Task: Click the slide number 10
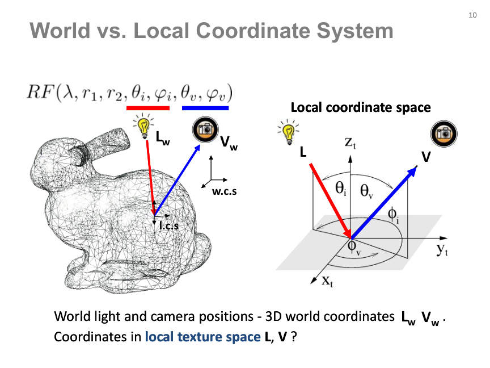point(472,15)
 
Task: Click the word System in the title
point(354,31)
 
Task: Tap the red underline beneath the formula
point(148,108)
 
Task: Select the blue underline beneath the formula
point(205,108)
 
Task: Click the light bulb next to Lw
point(143,126)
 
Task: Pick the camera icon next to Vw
point(205,129)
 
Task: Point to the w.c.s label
point(225,191)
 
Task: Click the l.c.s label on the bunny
point(169,225)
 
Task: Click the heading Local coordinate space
point(361,108)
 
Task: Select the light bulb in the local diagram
point(288,132)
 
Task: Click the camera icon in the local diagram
point(443,134)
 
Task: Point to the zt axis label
point(350,143)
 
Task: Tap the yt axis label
point(442,249)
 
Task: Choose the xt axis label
point(327,281)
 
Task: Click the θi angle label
point(341,189)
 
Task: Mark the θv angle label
point(366,191)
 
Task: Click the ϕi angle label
point(393,216)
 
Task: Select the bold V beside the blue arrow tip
point(426,157)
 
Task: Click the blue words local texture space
point(203,337)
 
